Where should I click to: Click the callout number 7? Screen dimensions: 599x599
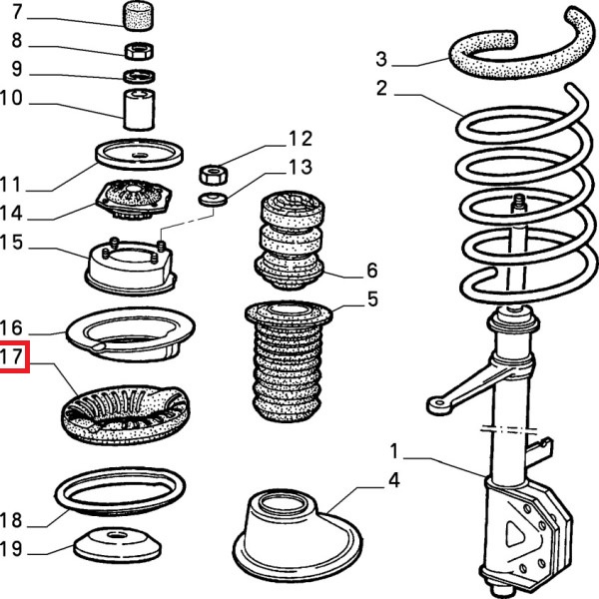[x=17, y=14]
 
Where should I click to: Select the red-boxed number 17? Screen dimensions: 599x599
[x=16, y=356]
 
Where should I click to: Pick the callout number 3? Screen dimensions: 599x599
[x=381, y=58]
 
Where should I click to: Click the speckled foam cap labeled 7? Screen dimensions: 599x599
[x=140, y=16]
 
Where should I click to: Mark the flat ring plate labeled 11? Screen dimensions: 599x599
[x=140, y=157]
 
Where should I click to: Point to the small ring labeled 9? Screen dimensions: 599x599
[x=139, y=76]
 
